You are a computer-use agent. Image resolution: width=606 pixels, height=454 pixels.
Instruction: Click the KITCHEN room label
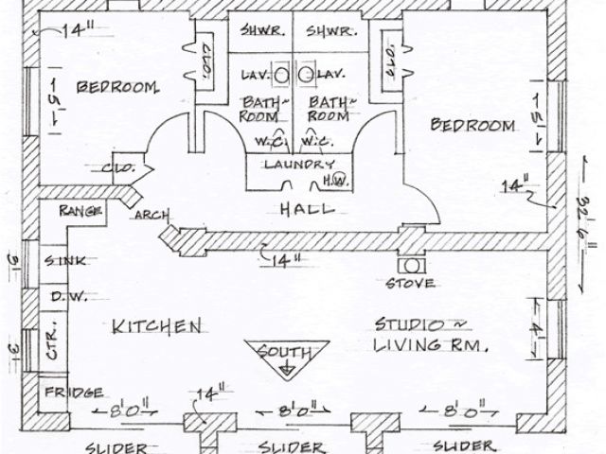157,326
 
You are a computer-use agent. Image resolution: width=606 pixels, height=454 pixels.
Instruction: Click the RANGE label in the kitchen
80,210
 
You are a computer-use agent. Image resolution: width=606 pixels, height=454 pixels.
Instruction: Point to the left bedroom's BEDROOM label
116,89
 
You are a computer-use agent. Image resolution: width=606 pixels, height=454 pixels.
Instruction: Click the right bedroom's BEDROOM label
473,125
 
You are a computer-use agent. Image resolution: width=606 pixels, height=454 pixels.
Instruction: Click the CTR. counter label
52,336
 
